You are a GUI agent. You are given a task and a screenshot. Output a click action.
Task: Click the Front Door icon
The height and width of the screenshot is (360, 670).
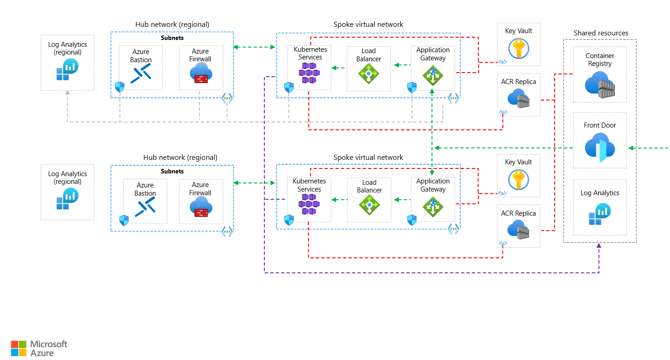[x=600, y=148]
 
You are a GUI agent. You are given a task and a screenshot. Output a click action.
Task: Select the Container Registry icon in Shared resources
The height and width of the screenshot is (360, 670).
[x=600, y=85]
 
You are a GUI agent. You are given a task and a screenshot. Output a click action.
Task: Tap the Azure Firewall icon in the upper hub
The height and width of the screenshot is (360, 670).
[x=200, y=73]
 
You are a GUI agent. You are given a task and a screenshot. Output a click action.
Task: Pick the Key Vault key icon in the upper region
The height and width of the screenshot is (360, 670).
[x=518, y=48]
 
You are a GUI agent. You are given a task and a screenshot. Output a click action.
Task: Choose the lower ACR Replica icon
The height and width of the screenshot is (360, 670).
[x=518, y=230]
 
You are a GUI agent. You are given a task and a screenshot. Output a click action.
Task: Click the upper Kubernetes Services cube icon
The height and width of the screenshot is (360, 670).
[x=309, y=73]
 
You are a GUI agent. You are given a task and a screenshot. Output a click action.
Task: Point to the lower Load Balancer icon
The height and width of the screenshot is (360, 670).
[x=369, y=205]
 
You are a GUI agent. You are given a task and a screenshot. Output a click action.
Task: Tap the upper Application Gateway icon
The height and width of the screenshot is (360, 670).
[x=433, y=75]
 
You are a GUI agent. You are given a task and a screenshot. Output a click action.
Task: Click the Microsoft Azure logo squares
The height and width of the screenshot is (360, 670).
[x=19, y=348]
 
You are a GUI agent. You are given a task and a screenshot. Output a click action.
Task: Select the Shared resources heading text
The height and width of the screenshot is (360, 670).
[x=601, y=33]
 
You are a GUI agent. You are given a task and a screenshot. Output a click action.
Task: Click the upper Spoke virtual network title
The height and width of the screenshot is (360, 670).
[x=368, y=25]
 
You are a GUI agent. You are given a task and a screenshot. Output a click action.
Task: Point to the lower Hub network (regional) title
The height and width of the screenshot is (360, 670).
[x=180, y=158]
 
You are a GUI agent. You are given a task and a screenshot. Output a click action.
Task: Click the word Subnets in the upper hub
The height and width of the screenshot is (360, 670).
[x=172, y=38]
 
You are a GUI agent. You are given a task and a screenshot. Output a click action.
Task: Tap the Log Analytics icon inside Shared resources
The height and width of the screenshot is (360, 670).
[x=600, y=214]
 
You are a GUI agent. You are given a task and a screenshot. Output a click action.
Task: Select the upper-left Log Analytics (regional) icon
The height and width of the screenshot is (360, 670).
[x=67, y=69]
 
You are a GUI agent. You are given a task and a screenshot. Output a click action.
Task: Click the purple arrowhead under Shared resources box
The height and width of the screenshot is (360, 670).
[x=599, y=246]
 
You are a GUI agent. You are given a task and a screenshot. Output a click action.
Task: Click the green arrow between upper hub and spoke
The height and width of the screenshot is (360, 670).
[x=255, y=47]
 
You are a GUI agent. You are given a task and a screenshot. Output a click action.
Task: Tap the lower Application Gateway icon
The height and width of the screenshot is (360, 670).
[x=433, y=207]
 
